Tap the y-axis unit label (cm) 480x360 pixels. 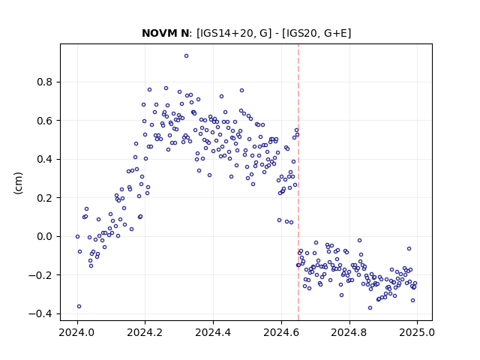click(18, 183)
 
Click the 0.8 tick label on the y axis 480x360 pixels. click(46, 82)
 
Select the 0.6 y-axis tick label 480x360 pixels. click(46, 121)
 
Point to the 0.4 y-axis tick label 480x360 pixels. click(46, 159)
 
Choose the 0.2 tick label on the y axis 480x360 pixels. click(46, 198)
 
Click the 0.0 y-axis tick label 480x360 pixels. click(46, 237)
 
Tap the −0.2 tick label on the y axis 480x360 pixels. click(41, 275)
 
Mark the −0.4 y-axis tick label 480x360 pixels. click(41, 313)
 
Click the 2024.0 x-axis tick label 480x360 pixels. click(77, 332)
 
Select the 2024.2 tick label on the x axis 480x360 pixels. click(145, 332)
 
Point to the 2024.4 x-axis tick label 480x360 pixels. click(213, 332)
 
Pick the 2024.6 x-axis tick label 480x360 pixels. click(281, 332)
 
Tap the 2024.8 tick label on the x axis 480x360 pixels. click(349, 332)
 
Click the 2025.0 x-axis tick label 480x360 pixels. click(417, 332)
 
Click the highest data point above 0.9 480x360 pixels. click(186, 56)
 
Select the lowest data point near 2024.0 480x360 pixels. click(79, 307)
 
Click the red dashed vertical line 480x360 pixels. click(298, 182)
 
